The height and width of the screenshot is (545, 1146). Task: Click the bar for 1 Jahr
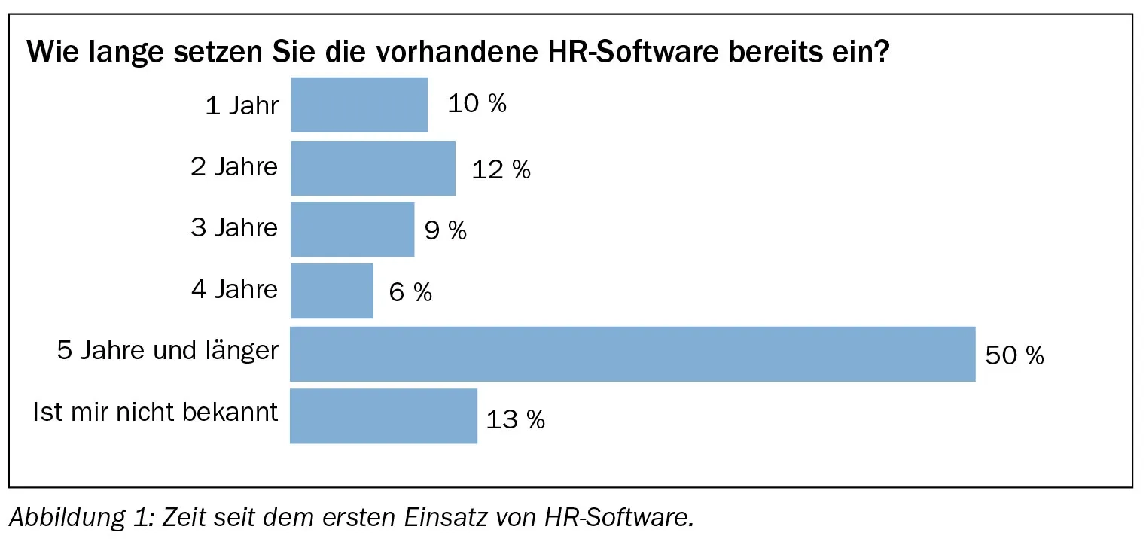pos(359,105)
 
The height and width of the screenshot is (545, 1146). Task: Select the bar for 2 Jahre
pos(373,168)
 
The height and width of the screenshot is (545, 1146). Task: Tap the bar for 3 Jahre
pos(352,229)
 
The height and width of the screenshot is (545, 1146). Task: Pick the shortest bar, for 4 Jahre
pos(331,291)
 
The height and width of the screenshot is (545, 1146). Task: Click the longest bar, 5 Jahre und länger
pos(632,354)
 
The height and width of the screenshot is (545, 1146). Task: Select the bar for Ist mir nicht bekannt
pos(383,416)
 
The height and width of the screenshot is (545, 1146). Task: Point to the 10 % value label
pos(477,104)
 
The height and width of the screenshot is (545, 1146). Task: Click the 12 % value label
pos(501,170)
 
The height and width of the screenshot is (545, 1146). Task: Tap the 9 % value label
pos(445,231)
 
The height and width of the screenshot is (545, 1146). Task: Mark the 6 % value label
pos(410,293)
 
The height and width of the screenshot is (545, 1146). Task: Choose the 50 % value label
pos(1014,355)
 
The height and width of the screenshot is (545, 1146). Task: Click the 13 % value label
pos(515,419)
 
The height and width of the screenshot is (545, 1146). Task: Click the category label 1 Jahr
pos(242,105)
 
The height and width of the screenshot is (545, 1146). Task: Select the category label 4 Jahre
pos(234,290)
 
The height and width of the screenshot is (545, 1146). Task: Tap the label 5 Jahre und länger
pos(168,351)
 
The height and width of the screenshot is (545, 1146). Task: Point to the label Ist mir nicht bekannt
pos(156,413)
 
